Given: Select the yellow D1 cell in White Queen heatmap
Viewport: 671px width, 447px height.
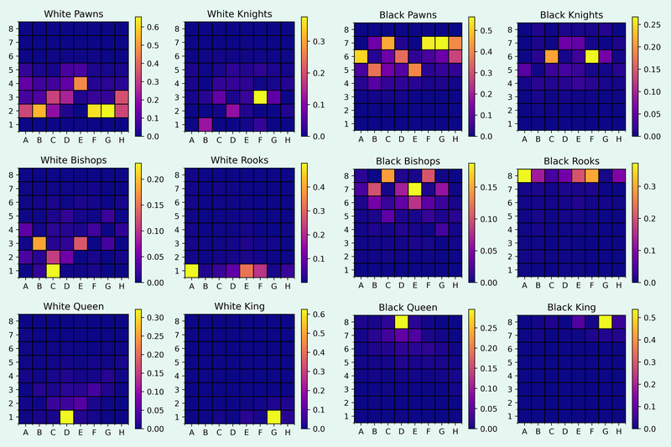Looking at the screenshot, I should [66, 416].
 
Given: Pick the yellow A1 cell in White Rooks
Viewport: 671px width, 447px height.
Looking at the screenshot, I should [191, 269].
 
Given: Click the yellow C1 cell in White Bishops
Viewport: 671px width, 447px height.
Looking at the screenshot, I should [53, 269].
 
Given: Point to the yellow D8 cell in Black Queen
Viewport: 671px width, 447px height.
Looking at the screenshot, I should [401, 322].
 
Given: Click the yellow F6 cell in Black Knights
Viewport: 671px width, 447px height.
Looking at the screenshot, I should [592, 56].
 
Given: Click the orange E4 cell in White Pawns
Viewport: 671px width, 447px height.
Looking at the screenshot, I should [81, 83].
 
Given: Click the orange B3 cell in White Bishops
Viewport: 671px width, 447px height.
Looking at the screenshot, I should [39, 242].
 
